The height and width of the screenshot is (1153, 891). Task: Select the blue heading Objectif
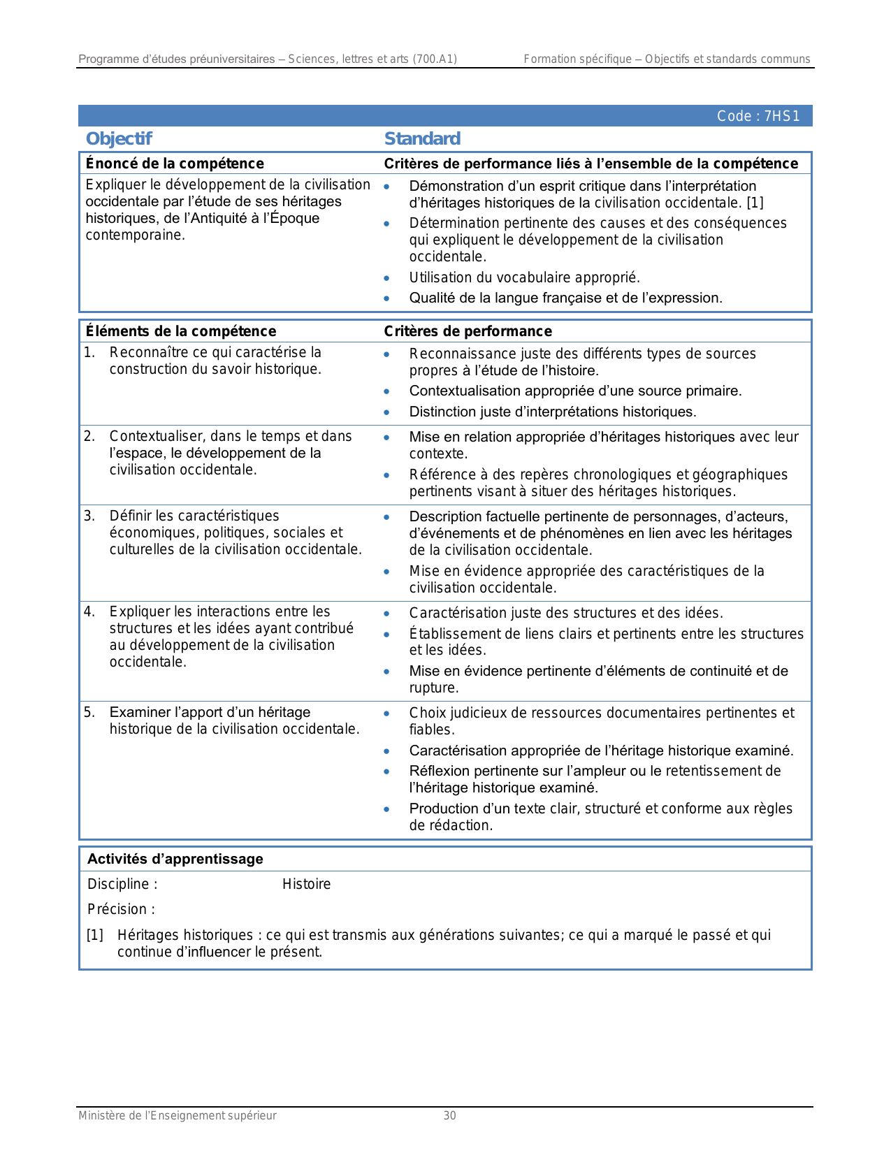[x=118, y=138]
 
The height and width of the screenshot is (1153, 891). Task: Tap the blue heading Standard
[x=422, y=138]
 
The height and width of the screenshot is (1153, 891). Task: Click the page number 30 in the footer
[x=449, y=1116]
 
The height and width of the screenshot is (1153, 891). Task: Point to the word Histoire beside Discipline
[x=306, y=884]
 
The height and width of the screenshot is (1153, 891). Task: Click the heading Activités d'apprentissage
[x=175, y=859]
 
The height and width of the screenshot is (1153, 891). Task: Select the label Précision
[x=121, y=909]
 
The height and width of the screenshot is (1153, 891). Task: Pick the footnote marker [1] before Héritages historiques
[x=95, y=935]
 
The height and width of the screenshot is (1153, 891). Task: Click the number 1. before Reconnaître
[x=89, y=352]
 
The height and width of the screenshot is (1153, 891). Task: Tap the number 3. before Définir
[x=89, y=516]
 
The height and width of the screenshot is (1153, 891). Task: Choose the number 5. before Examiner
[x=89, y=712]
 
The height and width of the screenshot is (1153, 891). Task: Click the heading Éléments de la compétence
[x=180, y=331]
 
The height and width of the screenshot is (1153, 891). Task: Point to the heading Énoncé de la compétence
[x=175, y=164]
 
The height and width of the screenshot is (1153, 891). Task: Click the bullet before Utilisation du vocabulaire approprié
[x=386, y=278]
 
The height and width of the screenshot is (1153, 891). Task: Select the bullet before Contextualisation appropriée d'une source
[x=386, y=391]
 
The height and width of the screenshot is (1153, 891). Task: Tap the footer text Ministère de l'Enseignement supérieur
[x=178, y=1116]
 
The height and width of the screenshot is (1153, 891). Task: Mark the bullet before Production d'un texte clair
[x=386, y=809]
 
